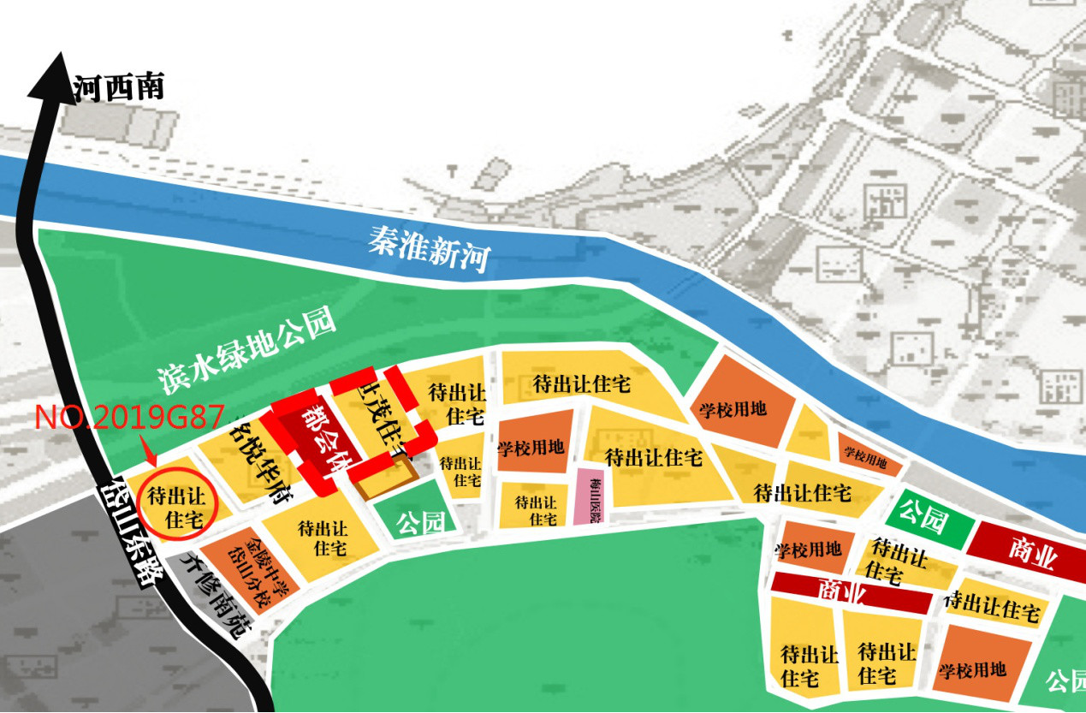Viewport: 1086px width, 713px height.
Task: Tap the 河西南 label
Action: (x=120, y=87)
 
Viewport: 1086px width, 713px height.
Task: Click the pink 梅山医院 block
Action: (x=590, y=496)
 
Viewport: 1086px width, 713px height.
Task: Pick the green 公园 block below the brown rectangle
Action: (x=420, y=519)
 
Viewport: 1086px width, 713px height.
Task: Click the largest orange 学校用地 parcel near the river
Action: (x=734, y=401)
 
